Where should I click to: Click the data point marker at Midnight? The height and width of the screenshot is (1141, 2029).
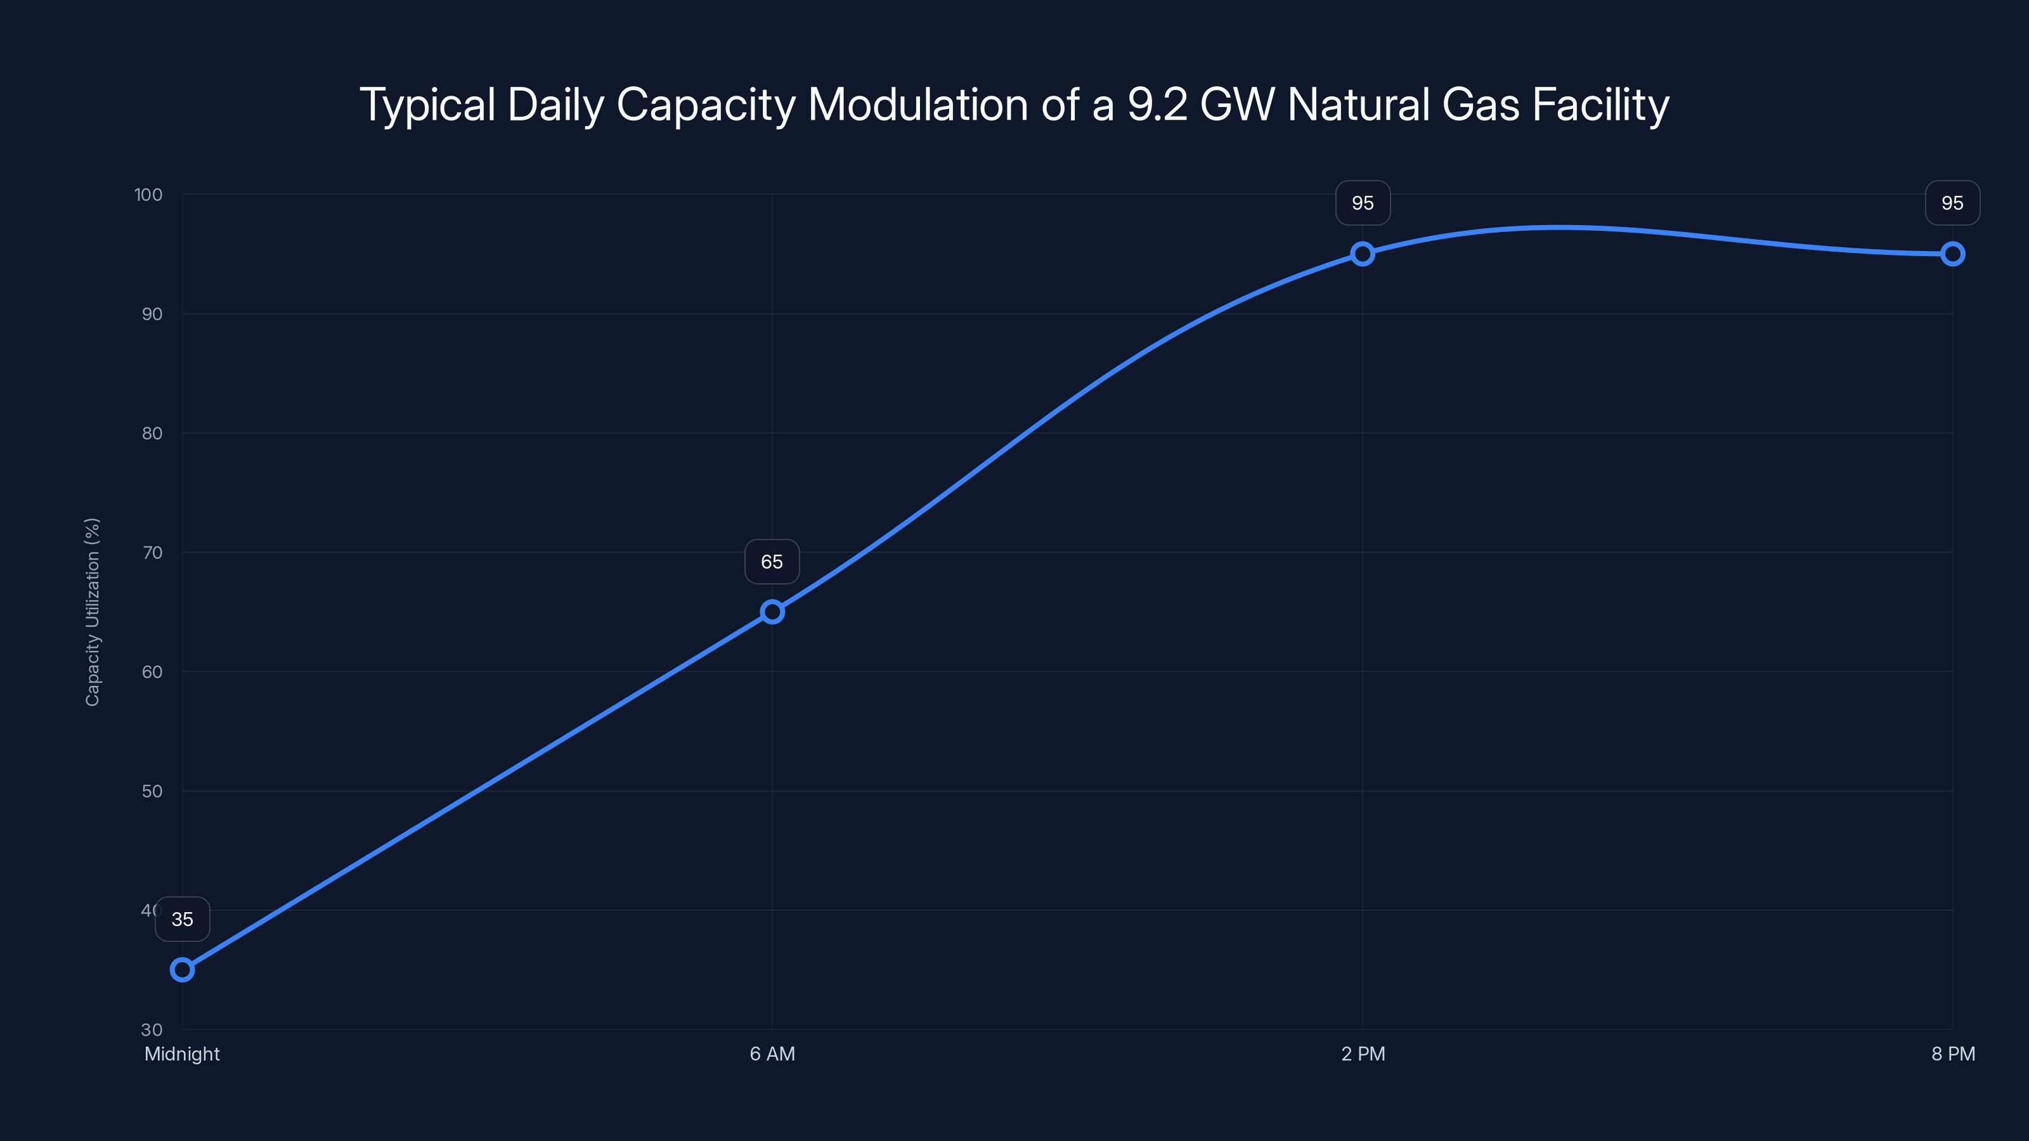click(182, 969)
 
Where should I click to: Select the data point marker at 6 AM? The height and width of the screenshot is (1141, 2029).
click(772, 612)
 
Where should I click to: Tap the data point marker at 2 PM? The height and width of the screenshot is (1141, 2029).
click(1363, 254)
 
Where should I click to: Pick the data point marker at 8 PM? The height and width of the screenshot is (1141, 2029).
click(1953, 254)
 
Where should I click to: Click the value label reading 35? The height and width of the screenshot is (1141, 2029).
click(182, 919)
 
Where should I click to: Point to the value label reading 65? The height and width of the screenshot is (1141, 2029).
click(772, 562)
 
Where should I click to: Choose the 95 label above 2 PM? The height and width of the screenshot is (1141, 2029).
click(1363, 203)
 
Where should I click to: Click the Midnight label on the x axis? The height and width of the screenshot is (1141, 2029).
click(182, 1054)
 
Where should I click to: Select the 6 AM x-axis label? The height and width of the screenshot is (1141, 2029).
click(772, 1054)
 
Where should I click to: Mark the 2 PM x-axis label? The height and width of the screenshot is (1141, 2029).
click(1363, 1054)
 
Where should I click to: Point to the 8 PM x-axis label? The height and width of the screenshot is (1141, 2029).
click(1953, 1054)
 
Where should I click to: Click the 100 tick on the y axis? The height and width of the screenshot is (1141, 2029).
click(148, 195)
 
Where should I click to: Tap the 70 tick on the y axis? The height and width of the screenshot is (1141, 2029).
click(152, 553)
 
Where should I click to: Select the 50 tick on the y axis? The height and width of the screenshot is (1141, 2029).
click(152, 791)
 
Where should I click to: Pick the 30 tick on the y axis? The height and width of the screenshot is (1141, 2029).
click(152, 1030)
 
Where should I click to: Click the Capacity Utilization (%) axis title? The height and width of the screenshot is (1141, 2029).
click(92, 612)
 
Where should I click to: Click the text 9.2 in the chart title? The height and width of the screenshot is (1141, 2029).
click(1157, 105)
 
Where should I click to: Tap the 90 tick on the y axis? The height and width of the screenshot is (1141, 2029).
click(152, 314)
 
